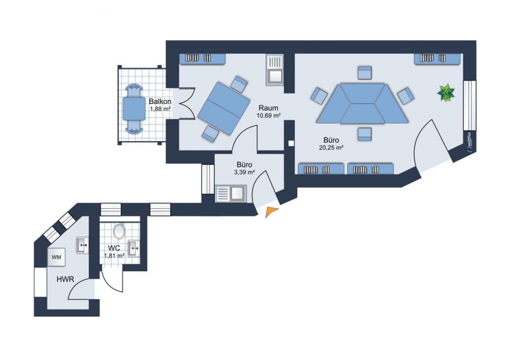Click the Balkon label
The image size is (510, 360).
coord(160,101)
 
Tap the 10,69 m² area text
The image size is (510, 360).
coord(268,116)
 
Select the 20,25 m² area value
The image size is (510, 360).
coord(331,148)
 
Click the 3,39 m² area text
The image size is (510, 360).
coord(244,172)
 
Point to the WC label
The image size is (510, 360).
coord(114,248)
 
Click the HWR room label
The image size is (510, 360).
coord(65,279)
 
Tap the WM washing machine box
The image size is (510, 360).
coord(56,257)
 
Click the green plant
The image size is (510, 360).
coord(446,92)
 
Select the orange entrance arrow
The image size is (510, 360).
coord(271,212)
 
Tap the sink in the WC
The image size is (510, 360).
coord(134,248)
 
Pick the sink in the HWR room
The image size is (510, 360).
coord(83,245)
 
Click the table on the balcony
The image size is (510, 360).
coord(134,109)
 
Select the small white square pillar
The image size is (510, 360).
coord(291,143)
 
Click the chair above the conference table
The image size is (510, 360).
coord(365,73)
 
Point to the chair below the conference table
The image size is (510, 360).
coord(365,134)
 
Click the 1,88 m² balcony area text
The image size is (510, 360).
coord(160,109)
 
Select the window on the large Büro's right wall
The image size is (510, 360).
coord(470,105)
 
